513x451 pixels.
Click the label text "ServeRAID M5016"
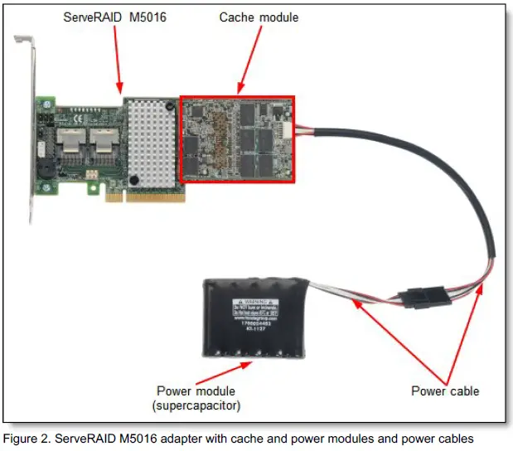[114, 16]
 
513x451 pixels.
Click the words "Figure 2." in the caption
[30, 439]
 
